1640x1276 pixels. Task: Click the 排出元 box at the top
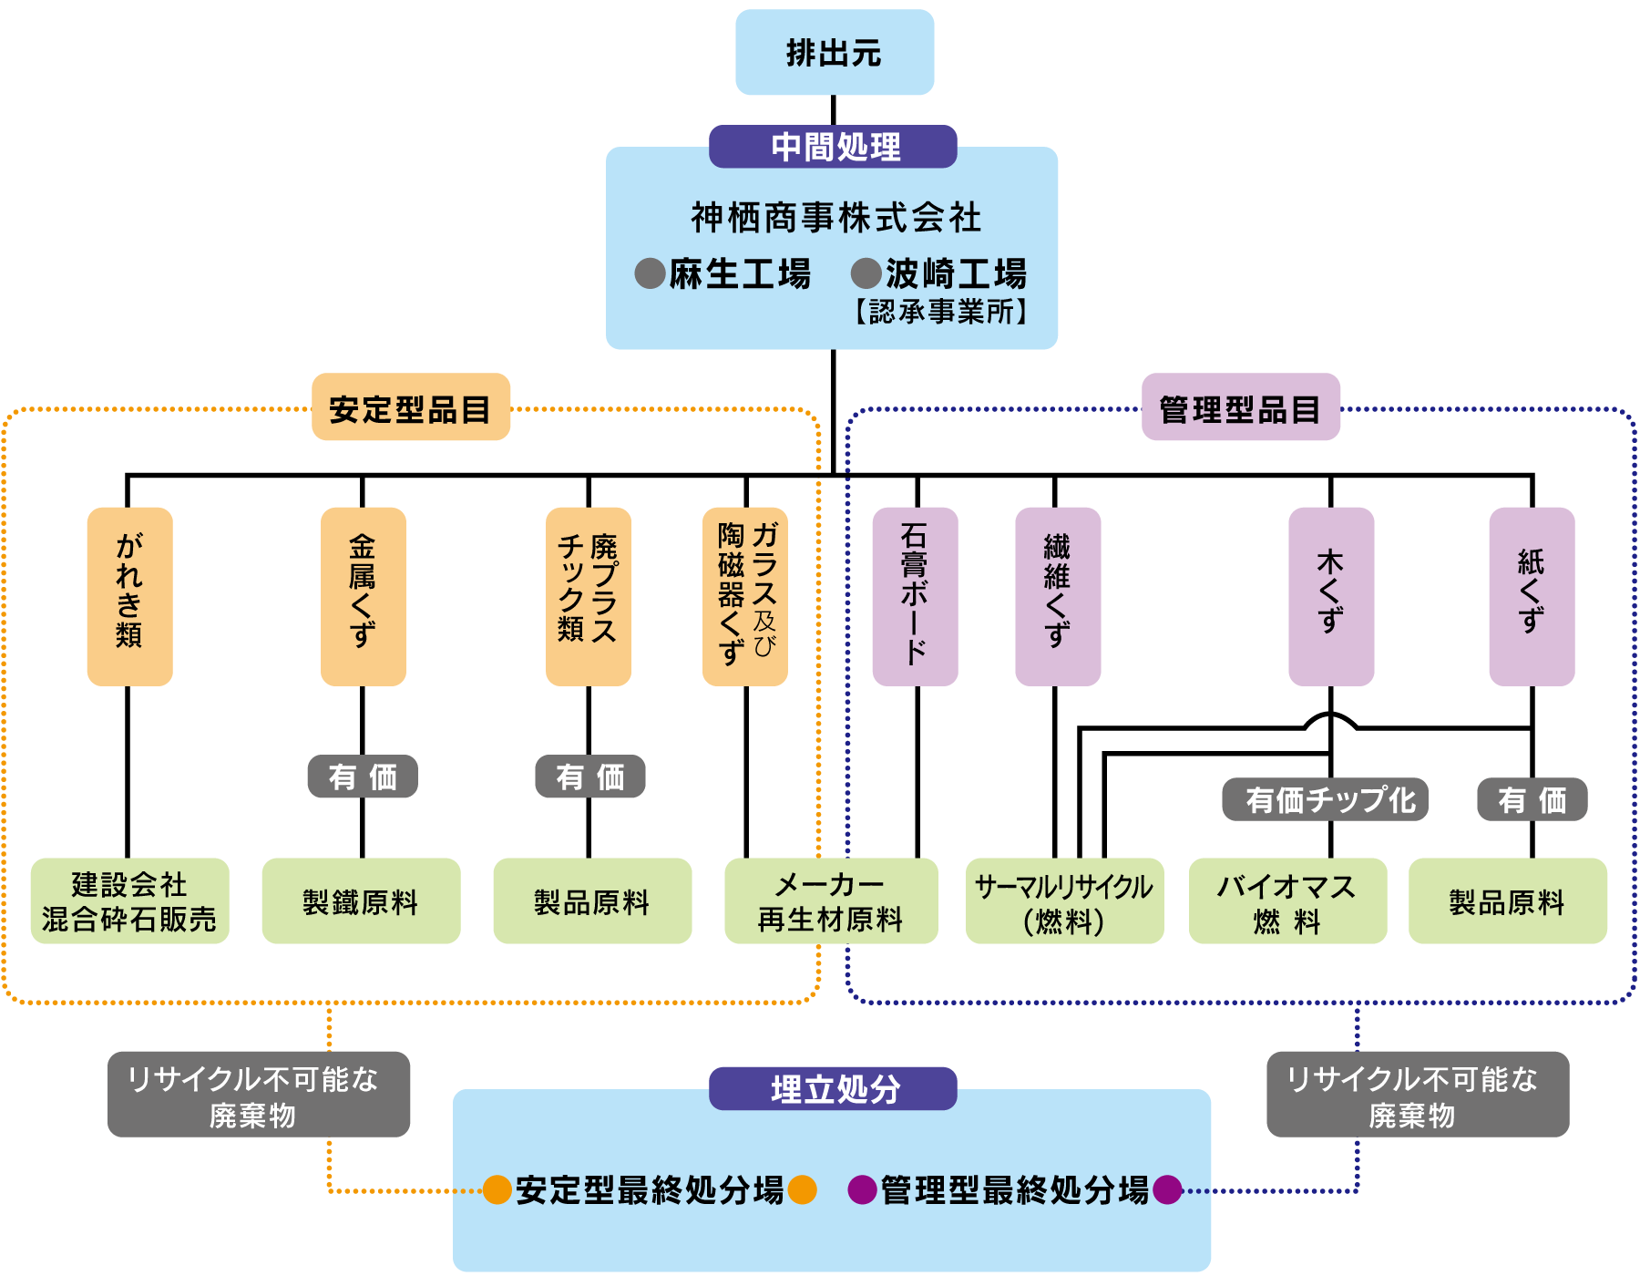tap(835, 53)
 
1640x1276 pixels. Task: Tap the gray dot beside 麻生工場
tap(650, 273)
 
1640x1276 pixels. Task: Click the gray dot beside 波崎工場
tap(866, 273)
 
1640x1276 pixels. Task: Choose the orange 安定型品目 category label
tap(411, 407)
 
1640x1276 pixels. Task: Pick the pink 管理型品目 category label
tap(1240, 407)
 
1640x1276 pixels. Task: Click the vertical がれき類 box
tap(129, 596)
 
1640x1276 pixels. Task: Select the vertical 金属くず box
tap(363, 596)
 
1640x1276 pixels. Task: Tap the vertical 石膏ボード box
tap(915, 596)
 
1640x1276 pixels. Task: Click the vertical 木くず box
tap(1331, 596)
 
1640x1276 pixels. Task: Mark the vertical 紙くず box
tap(1532, 596)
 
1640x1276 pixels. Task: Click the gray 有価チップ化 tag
tap(1325, 799)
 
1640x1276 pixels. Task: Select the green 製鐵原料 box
tap(361, 901)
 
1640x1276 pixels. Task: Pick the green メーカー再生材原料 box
tap(831, 901)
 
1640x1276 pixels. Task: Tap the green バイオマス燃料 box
tap(1287, 901)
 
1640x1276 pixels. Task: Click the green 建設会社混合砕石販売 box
tap(129, 901)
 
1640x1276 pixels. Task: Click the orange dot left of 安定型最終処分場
tap(497, 1189)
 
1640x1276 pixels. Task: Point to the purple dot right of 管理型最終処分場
tap(1167, 1189)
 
